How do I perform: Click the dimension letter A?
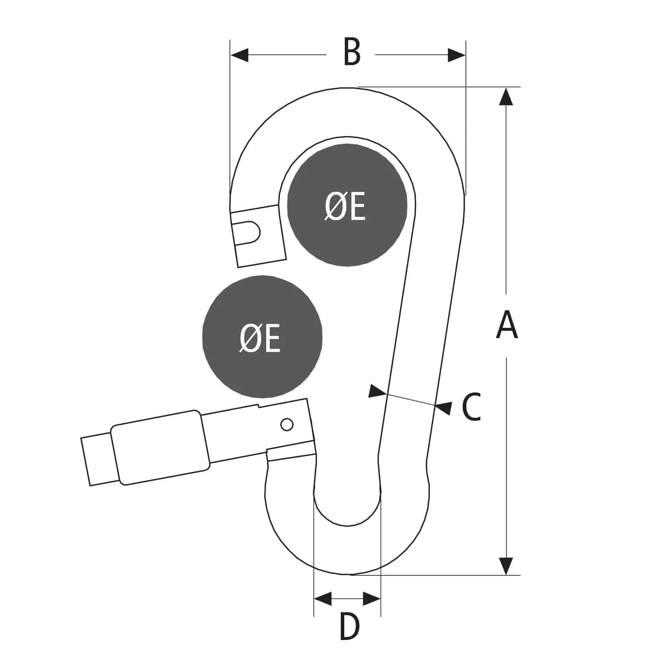pyautogui.click(x=507, y=325)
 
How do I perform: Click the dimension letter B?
pyautogui.click(x=352, y=52)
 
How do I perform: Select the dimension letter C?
pyautogui.click(x=471, y=407)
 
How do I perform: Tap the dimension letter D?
pyautogui.click(x=349, y=627)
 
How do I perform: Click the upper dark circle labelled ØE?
pyautogui.click(x=347, y=206)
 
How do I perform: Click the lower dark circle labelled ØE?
pyautogui.click(x=262, y=337)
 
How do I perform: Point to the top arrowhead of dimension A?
pyautogui.click(x=506, y=96)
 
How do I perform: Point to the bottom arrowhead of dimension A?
pyautogui.click(x=506, y=566)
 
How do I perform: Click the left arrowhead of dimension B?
pyautogui.click(x=239, y=55)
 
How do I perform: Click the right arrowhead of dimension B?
pyautogui.click(x=457, y=55)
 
